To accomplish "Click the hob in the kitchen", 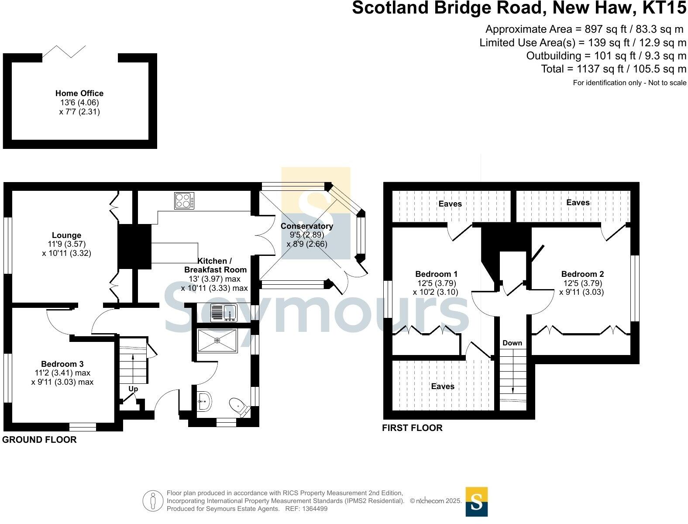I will point(184,201).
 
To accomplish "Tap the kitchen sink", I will point(223,313).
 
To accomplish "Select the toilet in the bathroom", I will point(240,407).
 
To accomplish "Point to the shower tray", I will point(217,340).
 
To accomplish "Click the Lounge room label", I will point(66,235).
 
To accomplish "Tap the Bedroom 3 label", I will point(62,364).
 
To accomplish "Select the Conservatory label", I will point(306,226).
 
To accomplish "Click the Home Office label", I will point(79,93).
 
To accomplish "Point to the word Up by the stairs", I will point(133,388).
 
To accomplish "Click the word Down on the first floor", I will point(512,343).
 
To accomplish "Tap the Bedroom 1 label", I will point(436,274).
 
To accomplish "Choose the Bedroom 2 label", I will point(582,274).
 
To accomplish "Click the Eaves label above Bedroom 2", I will point(578,202).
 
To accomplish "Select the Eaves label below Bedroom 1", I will point(442,386).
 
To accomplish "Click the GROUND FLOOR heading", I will point(39,440).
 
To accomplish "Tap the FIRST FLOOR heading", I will point(412,428).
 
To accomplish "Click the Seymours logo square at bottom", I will point(476,501).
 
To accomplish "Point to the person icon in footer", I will point(153,501).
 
